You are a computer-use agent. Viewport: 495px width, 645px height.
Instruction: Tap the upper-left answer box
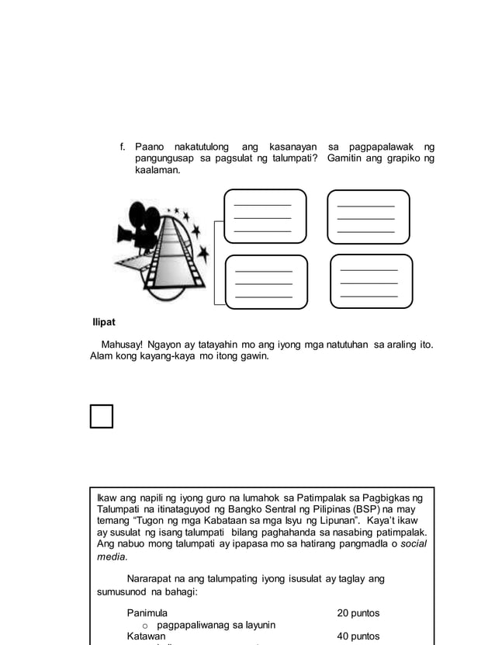pyautogui.click(x=265, y=217)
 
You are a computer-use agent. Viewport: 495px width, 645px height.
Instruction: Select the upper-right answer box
pyautogui.click(x=368, y=217)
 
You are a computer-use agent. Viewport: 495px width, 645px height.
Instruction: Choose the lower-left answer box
pyautogui.click(x=266, y=282)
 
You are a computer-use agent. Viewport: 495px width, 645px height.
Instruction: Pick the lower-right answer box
pyautogui.click(x=370, y=281)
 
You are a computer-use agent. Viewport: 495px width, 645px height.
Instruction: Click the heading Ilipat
pyautogui.click(x=103, y=322)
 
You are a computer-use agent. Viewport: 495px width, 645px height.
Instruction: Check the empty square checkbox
pyautogui.click(x=101, y=416)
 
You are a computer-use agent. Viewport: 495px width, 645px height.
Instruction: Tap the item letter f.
pyautogui.click(x=122, y=147)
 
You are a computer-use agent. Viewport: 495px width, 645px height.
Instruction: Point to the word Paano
pyautogui.click(x=150, y=147)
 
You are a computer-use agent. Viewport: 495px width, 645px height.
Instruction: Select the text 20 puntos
pyautogui.click(x=358, y=613)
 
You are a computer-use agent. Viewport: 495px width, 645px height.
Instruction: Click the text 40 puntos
pyautogui.click(x=358, y=636)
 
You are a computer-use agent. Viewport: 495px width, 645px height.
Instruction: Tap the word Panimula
pyautogui.click(x=147, y=613)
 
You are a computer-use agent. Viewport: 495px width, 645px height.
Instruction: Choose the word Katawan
pyautogui.click(x=146, y=636)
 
